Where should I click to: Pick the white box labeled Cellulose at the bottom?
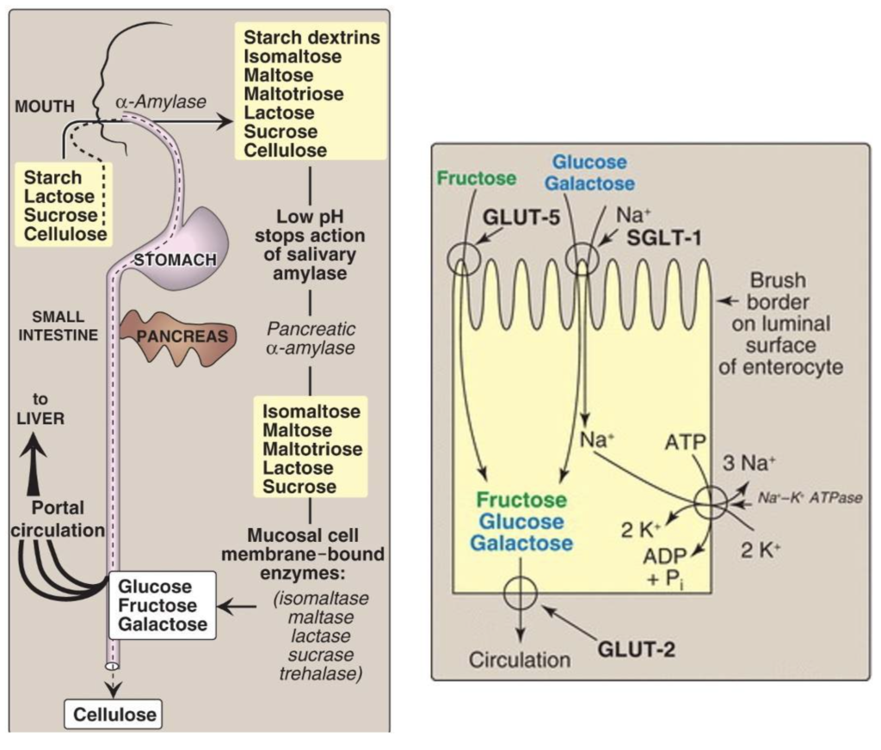114,713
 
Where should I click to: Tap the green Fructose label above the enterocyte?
476,179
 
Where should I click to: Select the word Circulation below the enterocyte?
519,661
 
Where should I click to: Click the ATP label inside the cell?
685,442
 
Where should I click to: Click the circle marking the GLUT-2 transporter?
520,593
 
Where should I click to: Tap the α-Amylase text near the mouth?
161,102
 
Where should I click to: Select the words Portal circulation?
57,519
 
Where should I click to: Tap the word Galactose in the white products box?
163,624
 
